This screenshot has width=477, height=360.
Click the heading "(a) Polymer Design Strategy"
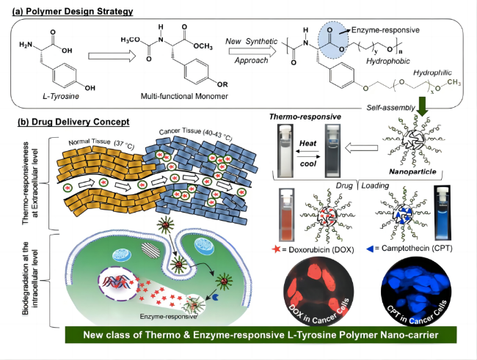coord(73,12)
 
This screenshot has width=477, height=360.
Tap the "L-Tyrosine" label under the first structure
coord(61,96)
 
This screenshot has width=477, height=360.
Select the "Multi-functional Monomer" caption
coord(184,96)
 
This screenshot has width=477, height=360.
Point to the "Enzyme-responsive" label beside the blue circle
coord(385,30)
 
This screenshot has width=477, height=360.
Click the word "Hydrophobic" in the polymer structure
coord(388,61)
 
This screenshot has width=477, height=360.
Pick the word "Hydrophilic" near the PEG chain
coord(432,73)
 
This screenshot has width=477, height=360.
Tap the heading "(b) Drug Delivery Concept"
coord(73,122)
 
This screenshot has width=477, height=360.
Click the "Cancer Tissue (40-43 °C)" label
coord(196,134)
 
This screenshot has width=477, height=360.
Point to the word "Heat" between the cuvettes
coord(308,143)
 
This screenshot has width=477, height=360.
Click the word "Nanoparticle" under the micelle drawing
coord(412,172)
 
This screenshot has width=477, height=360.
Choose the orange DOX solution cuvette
coord(287,216)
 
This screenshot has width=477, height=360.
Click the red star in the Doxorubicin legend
coord(276,249)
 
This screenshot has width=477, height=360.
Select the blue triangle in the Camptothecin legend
coord(370,249)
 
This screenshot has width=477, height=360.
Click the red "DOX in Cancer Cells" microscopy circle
coord(318,291)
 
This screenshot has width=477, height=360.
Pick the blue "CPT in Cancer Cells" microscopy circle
coord(416,291)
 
